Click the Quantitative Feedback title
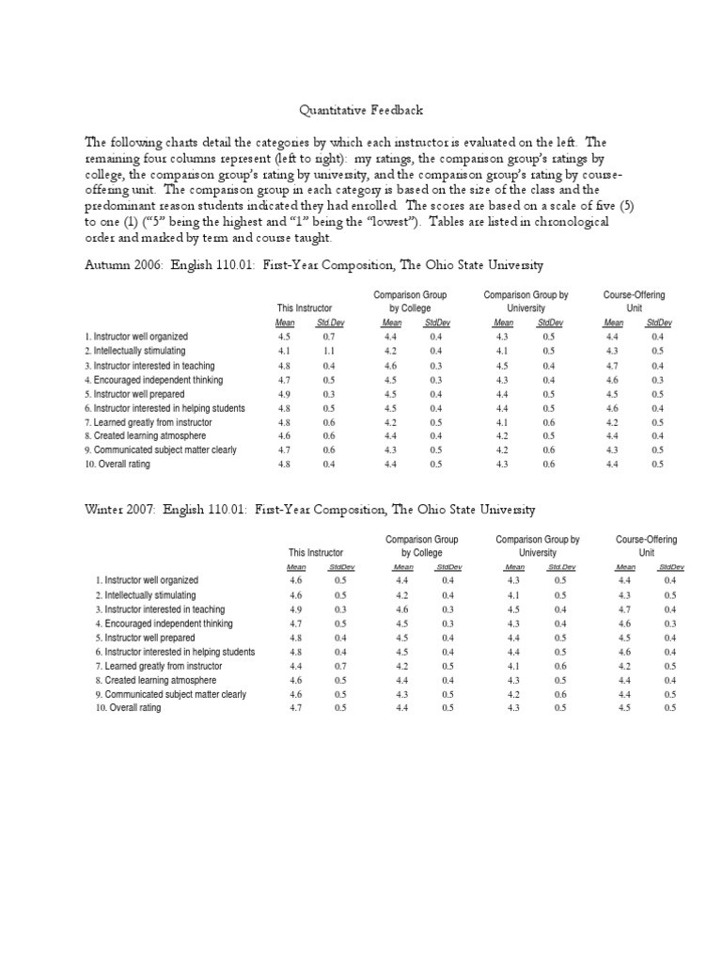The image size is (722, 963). pos(361,110)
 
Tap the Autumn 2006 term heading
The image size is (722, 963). pos(314,265)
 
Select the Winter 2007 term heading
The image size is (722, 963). pos(310,510)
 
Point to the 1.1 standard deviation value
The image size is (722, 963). pos(329,351)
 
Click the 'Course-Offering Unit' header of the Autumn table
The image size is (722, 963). pos(635,301)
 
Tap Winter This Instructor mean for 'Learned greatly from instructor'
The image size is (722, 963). pos(296,665)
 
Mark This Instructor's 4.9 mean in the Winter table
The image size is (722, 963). pos(296,608)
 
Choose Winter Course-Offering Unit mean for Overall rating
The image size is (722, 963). pos(625,707)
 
